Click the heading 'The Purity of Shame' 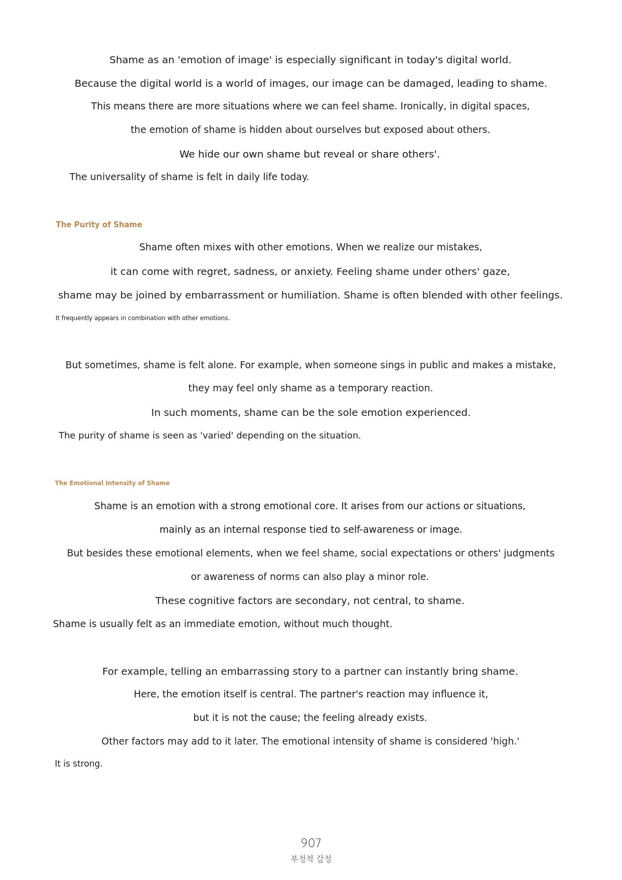(x=99, y=225)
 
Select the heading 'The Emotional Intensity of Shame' (x=112, y=483)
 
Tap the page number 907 (x=311, y=843)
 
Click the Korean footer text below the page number (x=311, y=859)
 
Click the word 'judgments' (x=529, y=553)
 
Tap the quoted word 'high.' (x=505, y=742)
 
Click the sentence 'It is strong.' (x=79, y=764)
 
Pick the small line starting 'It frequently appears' (x=142, y=318)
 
